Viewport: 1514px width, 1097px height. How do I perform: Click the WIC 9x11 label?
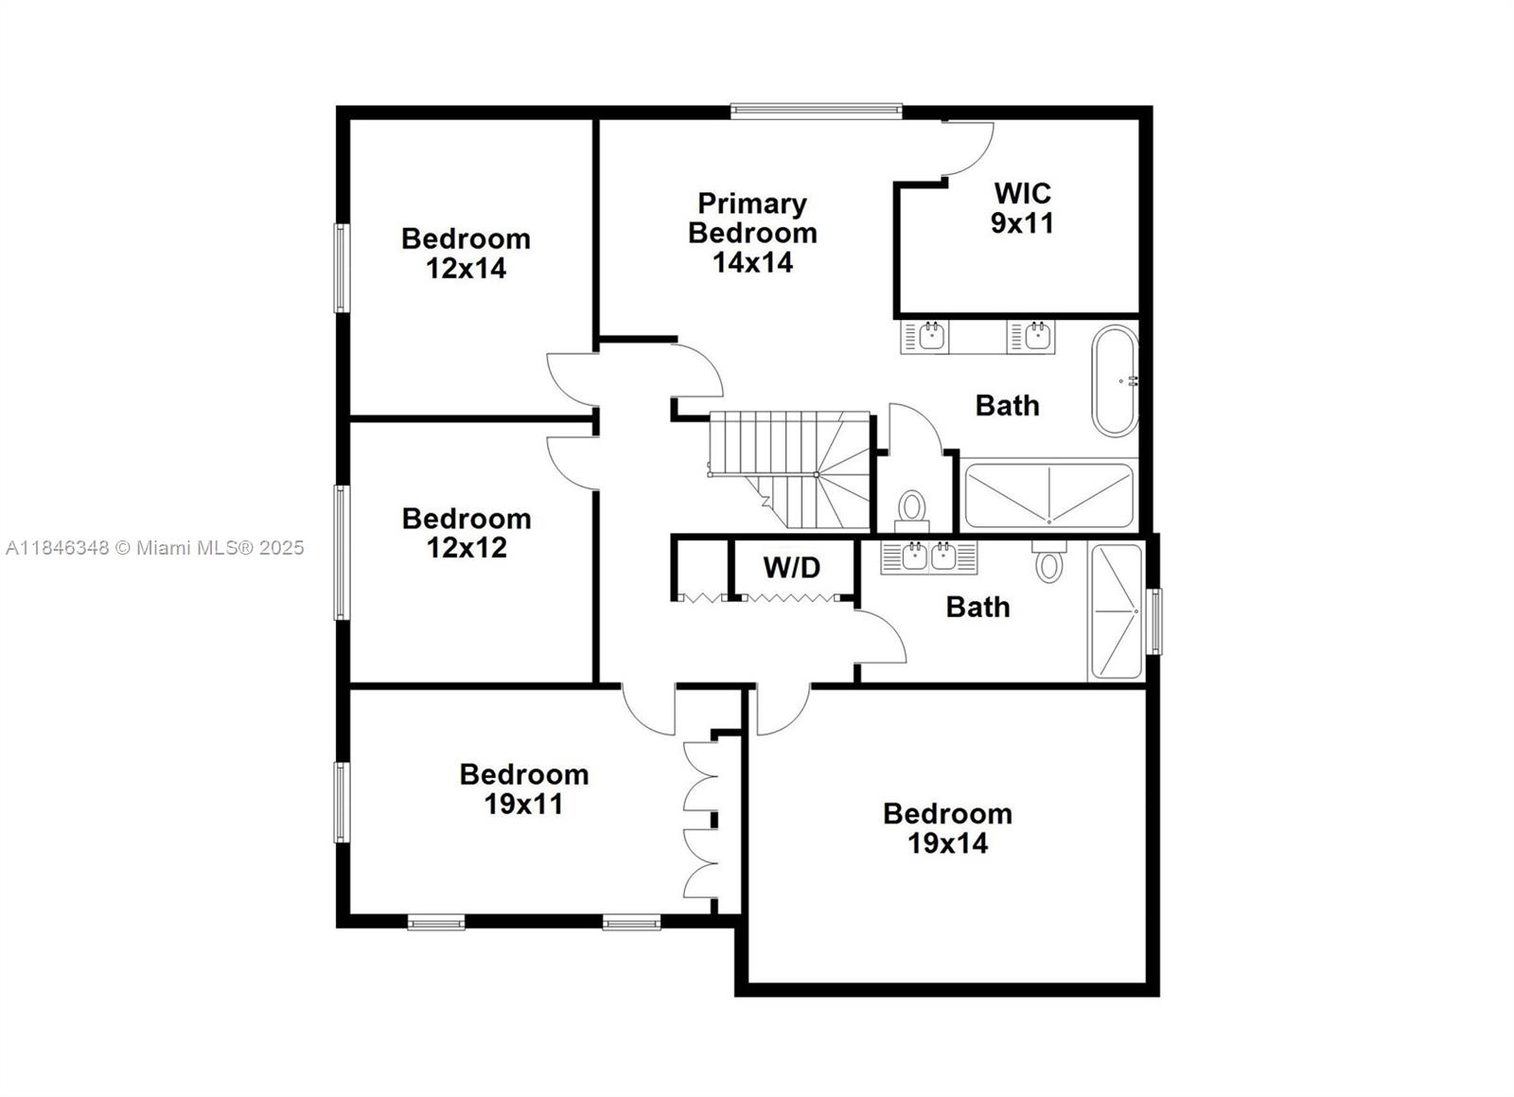1022,208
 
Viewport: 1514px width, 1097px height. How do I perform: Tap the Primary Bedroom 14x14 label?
752,233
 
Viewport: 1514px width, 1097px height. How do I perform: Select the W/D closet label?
792,568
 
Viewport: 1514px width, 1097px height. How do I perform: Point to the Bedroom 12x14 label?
466,254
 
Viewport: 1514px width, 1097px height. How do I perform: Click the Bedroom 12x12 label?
467,533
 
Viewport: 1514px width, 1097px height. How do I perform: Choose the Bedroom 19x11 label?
524,789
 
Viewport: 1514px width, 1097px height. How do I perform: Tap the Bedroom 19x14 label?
947,828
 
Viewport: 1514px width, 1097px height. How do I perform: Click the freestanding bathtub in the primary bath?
1115,380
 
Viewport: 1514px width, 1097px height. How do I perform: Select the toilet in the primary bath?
912,508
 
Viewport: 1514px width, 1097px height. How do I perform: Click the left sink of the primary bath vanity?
932,335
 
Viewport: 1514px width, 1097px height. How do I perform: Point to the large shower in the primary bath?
1047,495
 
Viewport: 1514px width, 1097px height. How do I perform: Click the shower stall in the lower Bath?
1116,611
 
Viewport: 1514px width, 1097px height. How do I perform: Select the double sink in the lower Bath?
928,557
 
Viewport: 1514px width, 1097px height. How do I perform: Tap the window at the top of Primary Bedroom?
816,111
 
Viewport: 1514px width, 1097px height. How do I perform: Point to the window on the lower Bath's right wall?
1154,622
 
